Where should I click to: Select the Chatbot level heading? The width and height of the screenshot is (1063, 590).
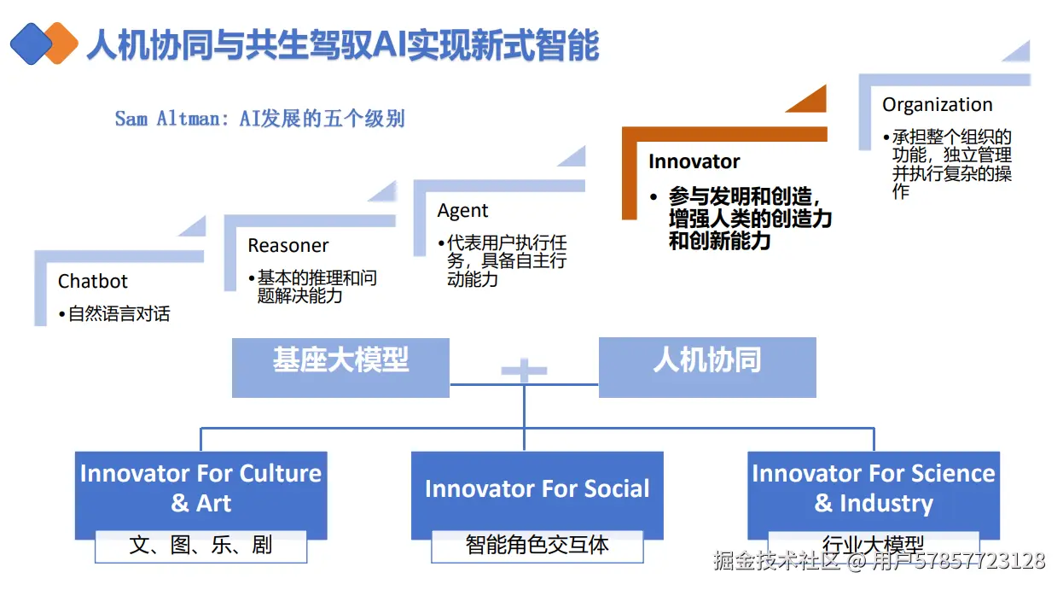pyautogui.click(x=93, y=281)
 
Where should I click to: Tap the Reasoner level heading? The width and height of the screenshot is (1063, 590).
pyautogui.click(x=288, y=246)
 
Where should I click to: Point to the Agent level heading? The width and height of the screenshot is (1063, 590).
pyautogui.click(x=463, y=211)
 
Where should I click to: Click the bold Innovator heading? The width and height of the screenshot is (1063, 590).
pyautogui.click(x=694, y=161)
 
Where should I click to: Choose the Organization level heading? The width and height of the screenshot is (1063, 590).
pyautogui.click(x=937, y=105)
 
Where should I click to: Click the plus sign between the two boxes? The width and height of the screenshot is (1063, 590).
pyautogui.click(x=524, y=371)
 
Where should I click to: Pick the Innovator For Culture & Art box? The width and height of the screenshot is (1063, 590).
pyautogui.click(x=200, y=489)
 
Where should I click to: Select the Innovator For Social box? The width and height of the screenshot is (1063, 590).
pyautogui.click(x=537, y=489)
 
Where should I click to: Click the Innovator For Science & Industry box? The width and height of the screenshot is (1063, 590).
pyautogui.click(x=873, y=489)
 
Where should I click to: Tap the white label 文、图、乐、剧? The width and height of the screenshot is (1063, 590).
pyautogui.click(x=200, y=546)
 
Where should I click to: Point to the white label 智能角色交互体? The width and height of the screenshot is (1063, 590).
pyautogui.click(x=537, y=546)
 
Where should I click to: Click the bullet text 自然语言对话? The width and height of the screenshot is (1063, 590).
pyautogui.click(x=119, y=314)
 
